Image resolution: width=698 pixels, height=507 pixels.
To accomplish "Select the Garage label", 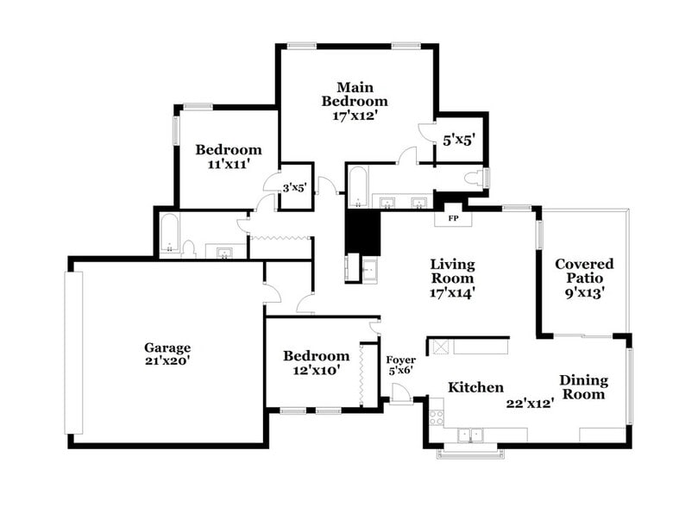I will (167, 347).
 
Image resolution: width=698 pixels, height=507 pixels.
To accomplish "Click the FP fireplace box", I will (452, 218).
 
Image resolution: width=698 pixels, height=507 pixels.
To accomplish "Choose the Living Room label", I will (453, 272).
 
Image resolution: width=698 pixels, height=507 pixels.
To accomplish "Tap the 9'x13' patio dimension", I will (584, 292).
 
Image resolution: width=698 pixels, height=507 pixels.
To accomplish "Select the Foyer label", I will (400, 360).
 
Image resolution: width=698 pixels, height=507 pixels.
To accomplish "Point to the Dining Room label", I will (583, 387).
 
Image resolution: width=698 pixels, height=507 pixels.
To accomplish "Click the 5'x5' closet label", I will (460, 138).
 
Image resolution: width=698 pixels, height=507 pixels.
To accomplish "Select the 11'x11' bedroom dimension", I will (228, 164).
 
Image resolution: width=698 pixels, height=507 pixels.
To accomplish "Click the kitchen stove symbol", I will (437, 416).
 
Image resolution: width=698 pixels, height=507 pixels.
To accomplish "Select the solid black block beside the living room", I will (362, 233).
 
